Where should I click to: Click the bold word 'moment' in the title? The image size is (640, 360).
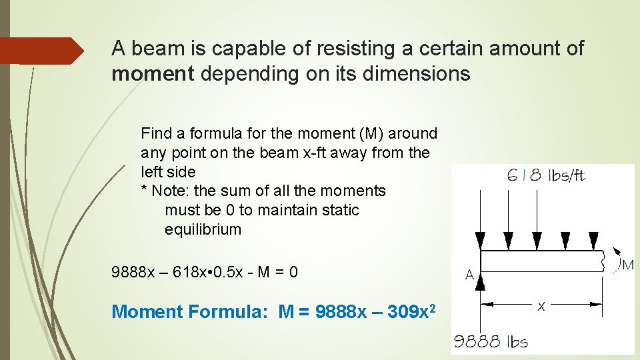coord(152,73)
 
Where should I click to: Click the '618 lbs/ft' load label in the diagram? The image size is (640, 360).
coord(546,175)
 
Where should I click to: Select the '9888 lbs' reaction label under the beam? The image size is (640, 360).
coord(491,343)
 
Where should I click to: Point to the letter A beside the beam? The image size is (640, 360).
coord(469,274)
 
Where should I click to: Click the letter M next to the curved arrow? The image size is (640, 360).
coord(627,265)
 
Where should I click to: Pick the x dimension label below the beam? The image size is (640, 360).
coord(541,305)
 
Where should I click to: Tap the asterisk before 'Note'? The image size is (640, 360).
coord(144,191)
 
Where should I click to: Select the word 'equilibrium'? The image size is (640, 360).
coord(203,229)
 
